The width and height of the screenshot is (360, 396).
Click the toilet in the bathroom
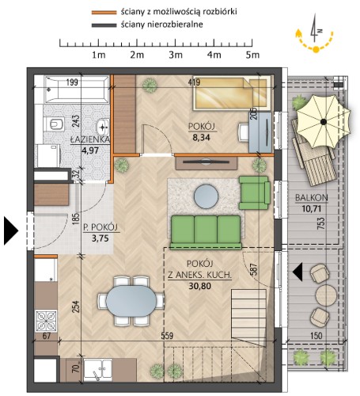[55, 124]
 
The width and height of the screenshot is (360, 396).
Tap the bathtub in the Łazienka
[77, 89]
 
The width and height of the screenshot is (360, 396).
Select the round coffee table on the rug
[206, 196]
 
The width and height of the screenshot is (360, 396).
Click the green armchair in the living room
[254, 192]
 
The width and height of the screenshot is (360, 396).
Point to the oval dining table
[131, 301]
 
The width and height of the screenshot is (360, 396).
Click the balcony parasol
[324, 121]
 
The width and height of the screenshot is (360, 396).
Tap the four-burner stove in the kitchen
[47, 321]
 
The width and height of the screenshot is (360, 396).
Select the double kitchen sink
[97, 370]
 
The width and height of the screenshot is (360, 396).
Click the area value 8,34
[202, 137]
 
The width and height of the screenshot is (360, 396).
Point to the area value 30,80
[199, 286]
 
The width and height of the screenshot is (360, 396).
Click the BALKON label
[312, 198]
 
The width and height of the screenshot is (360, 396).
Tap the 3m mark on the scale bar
[176, 55]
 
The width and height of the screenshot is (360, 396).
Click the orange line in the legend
[104, 13]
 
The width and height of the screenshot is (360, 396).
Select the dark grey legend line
[104, 25]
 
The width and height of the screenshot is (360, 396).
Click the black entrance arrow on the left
[11, 230]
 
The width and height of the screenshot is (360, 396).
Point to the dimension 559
[167, 336]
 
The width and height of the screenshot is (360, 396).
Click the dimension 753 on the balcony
[321, 223]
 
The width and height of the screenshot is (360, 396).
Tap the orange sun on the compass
[316, 49]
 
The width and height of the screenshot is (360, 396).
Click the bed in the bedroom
[232, 93]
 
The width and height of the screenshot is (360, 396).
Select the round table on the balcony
[326, 295]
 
